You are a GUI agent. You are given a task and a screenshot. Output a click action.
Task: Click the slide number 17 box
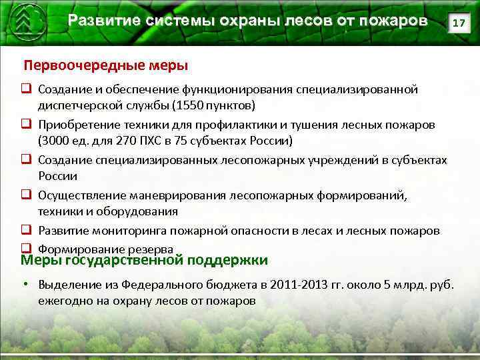(x=458, y=23)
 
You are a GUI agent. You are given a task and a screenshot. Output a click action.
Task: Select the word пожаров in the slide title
(x=393, y=21)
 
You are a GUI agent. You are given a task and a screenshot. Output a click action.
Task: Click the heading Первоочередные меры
(x=106, y=65)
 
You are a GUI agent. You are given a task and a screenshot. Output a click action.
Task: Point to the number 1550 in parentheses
(x=190, y=105)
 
